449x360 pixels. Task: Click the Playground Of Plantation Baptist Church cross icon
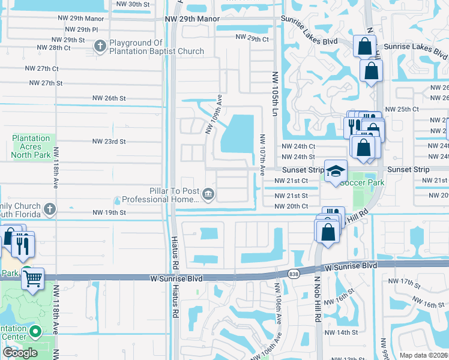coord(100,46)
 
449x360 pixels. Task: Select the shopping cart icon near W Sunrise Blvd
coord(33,278)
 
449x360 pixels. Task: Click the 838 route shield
coord(293,273)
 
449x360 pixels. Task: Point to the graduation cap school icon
coord(336,171)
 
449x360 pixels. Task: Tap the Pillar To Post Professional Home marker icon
coord(208,193)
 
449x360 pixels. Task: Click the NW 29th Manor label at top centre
coord(191,19)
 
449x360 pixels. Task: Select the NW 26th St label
coord(109,98)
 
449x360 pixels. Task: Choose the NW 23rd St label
coord(109,142)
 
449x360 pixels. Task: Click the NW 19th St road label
coord(109,212)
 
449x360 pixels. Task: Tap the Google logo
coord(20,353)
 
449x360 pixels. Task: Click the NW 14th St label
coord(341,332)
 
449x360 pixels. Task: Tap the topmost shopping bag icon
coord(364,46)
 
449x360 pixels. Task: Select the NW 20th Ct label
coord(291,206)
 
